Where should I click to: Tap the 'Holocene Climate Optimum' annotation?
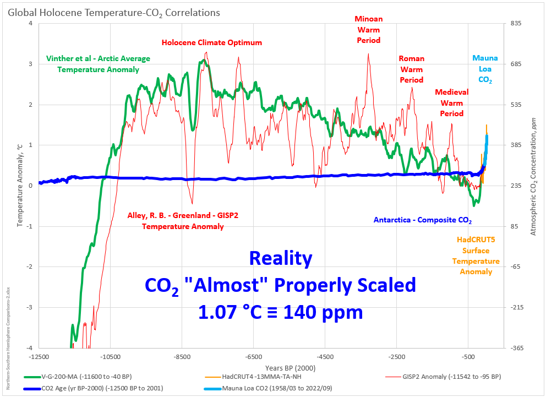click(212, 42)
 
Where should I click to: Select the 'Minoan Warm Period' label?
click(368, 29)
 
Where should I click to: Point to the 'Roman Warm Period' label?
click(411, 69)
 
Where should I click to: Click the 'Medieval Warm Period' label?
click(451, 102)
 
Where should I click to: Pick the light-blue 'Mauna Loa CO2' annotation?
click(482, 69)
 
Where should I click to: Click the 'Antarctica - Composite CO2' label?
click(423, 220)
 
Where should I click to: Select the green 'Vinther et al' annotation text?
click(98, 64)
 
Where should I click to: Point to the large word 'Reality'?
click(280, 258)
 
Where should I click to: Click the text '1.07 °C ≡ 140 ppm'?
click(280, 312)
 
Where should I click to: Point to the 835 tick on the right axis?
click(515, 23)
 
